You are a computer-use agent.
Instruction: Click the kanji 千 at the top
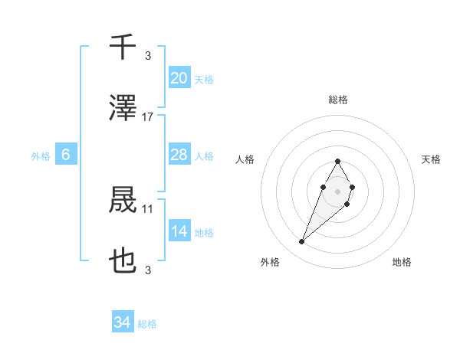click(123, 47)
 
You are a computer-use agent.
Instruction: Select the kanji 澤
click(123, 110)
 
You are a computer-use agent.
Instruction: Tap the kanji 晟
click(123, 201)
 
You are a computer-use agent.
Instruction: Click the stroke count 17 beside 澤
click(148, 117)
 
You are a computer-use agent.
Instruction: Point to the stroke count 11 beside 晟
click(148, 208)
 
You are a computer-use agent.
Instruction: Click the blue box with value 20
click(179, 78)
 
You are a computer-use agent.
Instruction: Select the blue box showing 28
click(179, 155)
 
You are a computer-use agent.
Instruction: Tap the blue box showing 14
click(179, 231)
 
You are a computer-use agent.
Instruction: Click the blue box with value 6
click(66, 155)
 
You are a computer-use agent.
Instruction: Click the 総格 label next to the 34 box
click(147, 324)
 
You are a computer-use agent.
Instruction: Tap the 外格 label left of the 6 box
click(41, 155)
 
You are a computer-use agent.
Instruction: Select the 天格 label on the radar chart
click(432, 159)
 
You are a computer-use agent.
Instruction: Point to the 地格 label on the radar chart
click(402, 262)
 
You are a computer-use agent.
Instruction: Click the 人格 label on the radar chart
click(245, 159)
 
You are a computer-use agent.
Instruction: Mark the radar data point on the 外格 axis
click(302, 242)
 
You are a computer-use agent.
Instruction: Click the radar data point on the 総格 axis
click(337, 161)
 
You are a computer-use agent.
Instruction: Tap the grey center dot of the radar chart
click(337, 190)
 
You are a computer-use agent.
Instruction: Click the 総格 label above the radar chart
click(338, 100)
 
